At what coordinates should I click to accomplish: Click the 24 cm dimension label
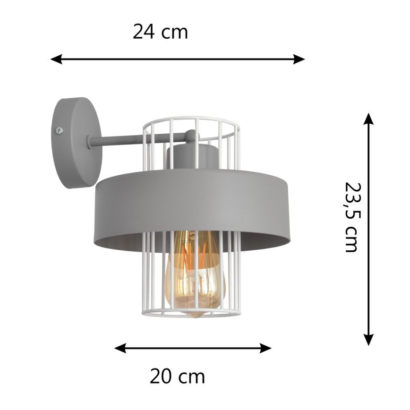click(160, 32)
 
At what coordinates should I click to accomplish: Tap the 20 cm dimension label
click(178, 376)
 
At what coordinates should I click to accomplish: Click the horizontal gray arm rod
click(118, 140)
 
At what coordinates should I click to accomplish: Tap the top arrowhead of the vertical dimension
click(369, 118)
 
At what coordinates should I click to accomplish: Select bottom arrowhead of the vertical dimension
click(369, 340)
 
